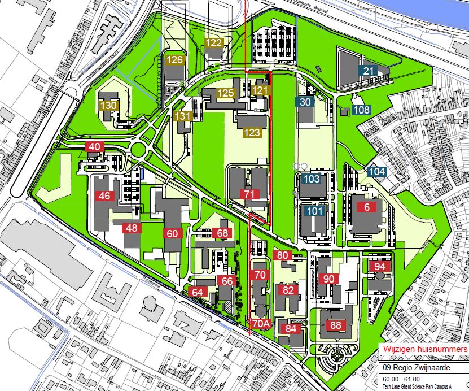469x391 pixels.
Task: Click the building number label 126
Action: tap(175, 60)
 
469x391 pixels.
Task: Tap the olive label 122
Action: tap(214, 42)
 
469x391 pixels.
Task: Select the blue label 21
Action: tap(369, 71)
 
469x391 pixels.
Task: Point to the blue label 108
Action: tap(361, 110)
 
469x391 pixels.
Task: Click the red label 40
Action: tap(95, 147)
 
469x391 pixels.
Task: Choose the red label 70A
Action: tap(261, 324)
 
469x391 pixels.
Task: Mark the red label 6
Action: tap(367, 207)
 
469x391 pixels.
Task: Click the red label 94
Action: tap(380, 267)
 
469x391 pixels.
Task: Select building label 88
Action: tap(336, 325)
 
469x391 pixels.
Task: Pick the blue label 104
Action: tap(377, 172)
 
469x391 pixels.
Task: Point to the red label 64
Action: tap(198, 292)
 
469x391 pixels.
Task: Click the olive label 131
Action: tap(184, 116)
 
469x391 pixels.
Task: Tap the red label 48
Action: tap(132, 228)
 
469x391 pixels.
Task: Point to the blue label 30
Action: tap(305, 102)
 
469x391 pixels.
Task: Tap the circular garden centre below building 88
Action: tap(337, 356)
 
